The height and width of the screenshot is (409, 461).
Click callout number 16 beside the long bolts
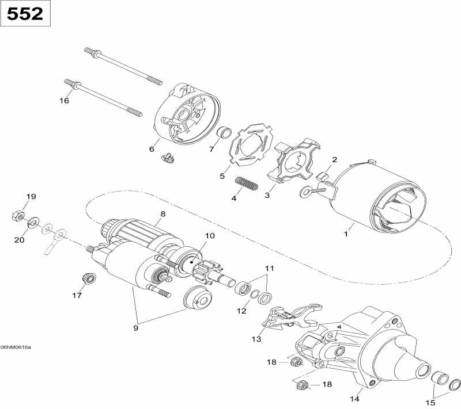coord(64,101)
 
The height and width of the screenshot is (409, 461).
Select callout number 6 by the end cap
coord(152,149)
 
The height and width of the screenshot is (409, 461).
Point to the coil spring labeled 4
coord(247,185)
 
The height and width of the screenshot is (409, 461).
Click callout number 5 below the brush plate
coord(222,176)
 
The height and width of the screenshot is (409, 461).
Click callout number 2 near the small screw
coord(334,159)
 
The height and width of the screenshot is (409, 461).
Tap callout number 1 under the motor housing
coord(346,234)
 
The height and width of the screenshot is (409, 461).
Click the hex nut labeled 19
coord(17,216)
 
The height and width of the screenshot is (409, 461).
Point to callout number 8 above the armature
coord(163,214)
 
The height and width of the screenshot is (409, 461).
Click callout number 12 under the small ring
coord(241,311)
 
